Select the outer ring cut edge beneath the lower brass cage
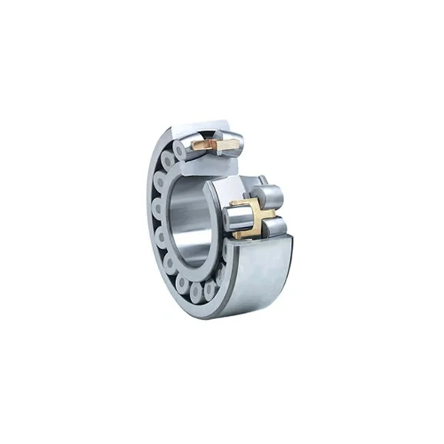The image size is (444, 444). point(259,241)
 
